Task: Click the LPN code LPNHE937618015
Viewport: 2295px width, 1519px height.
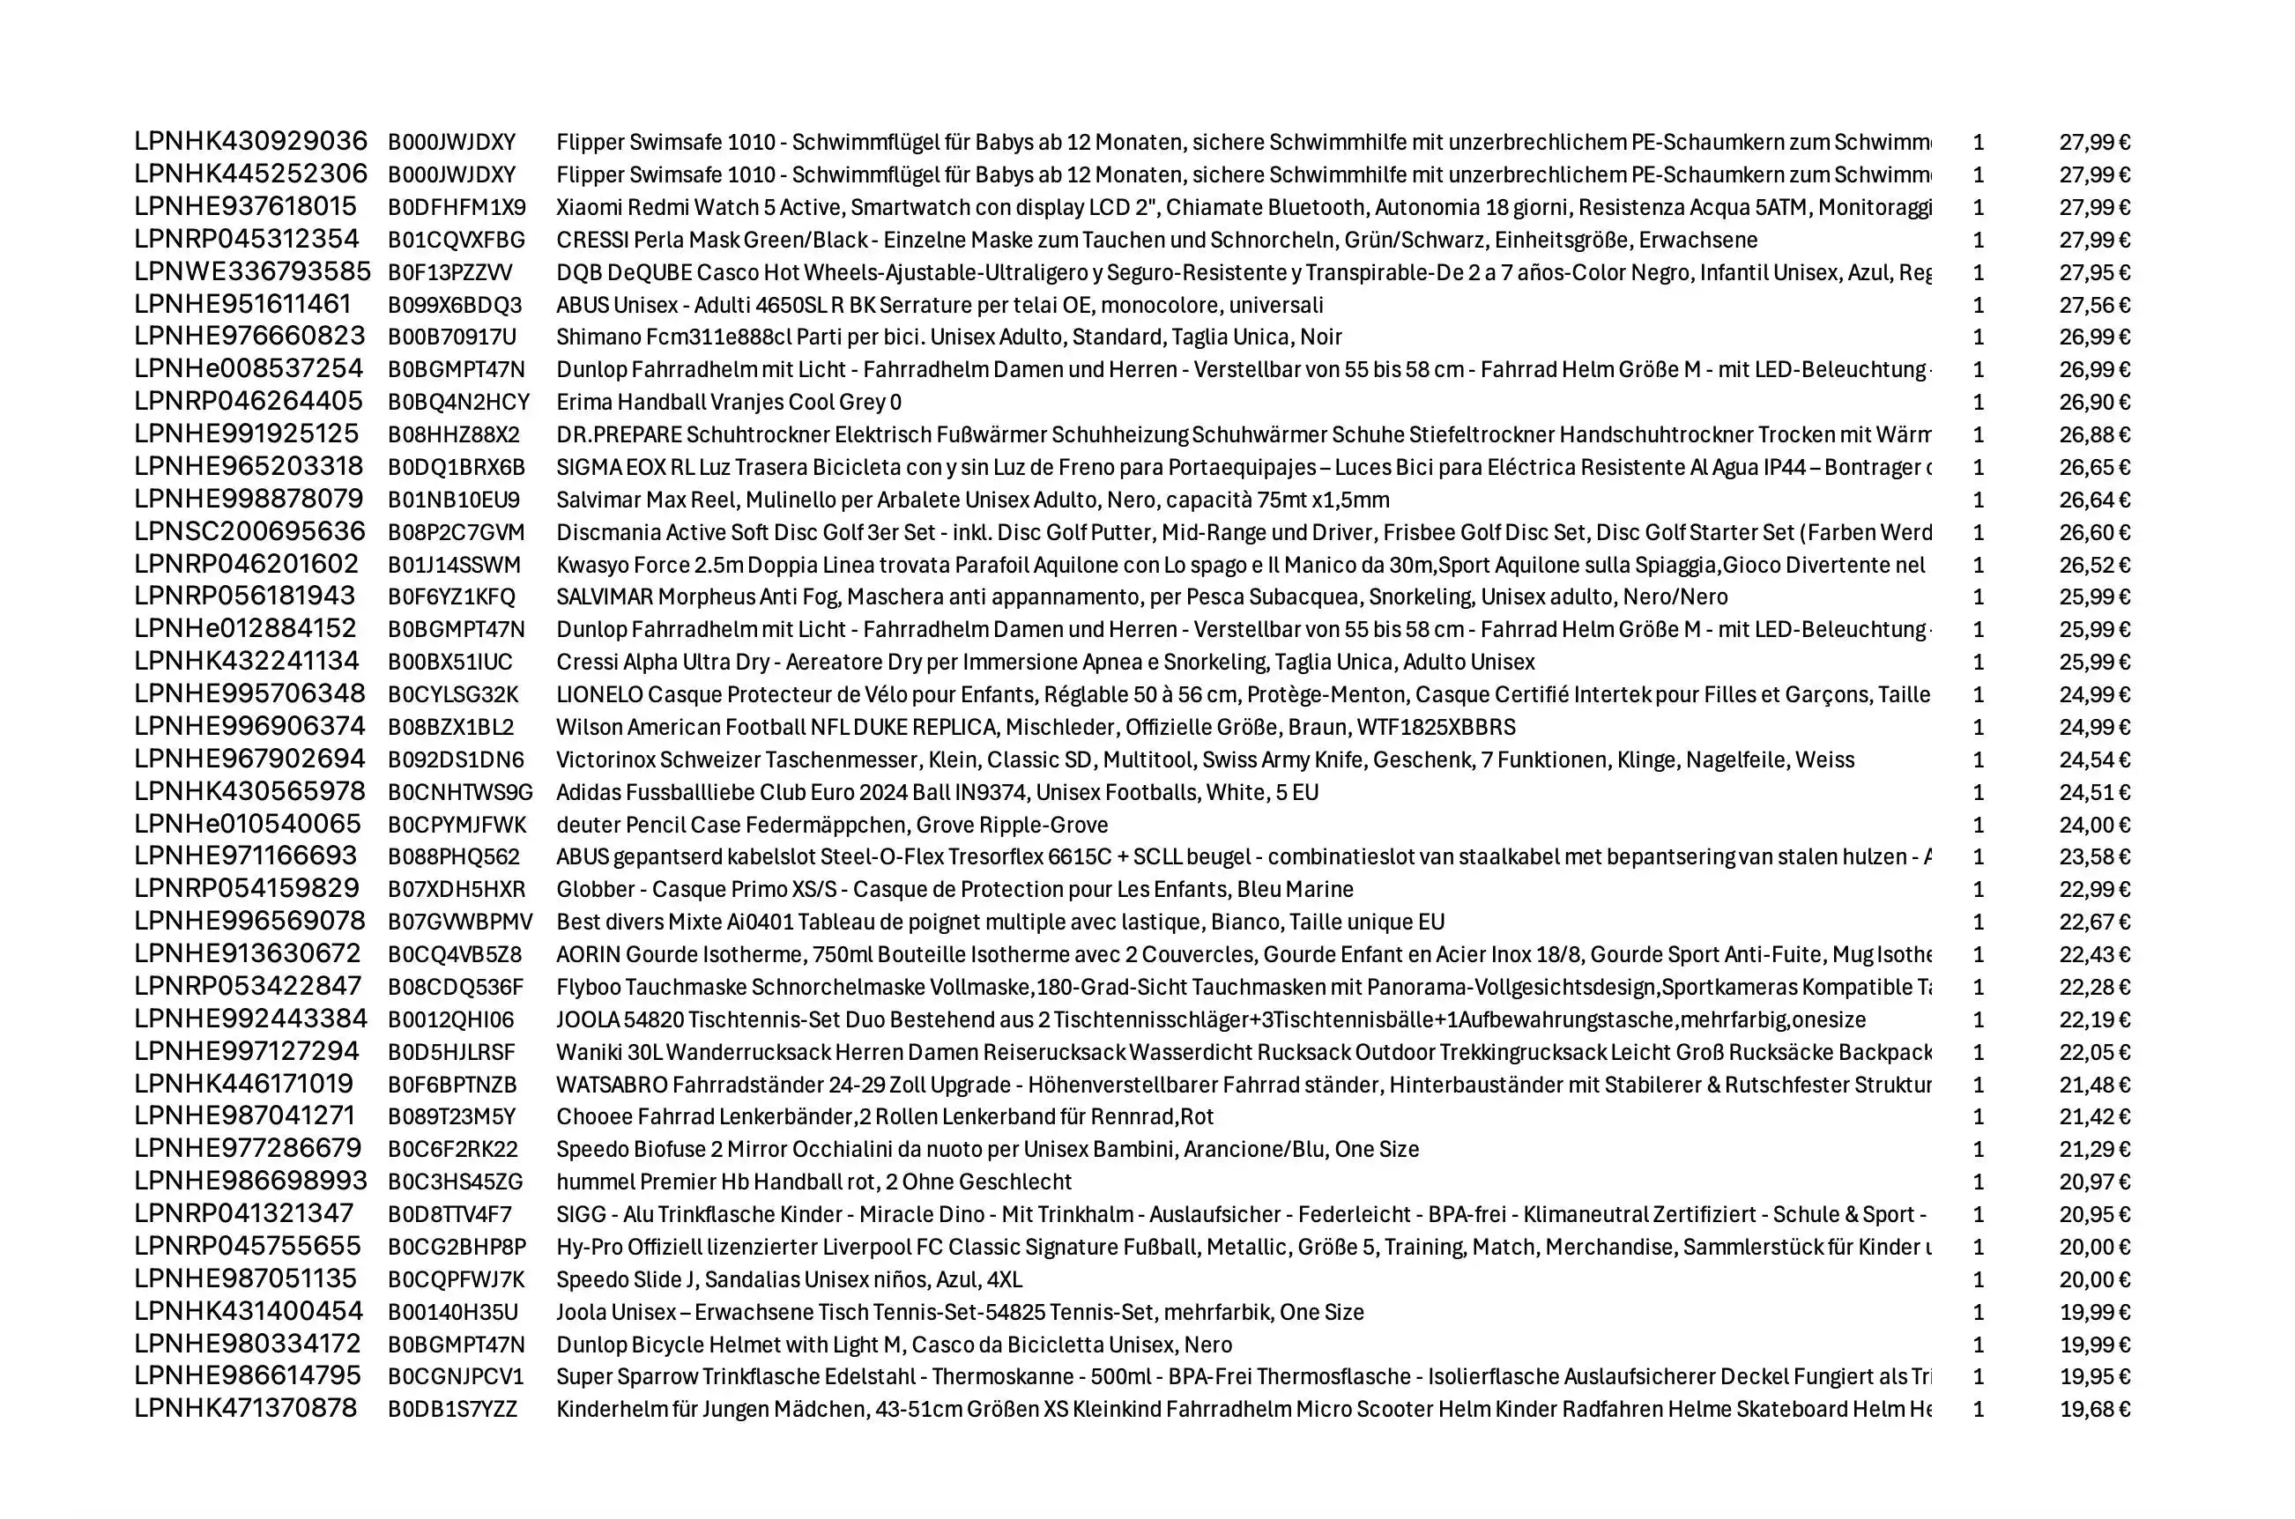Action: pos(245,207)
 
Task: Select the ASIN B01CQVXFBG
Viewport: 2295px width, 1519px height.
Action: pos(457,241)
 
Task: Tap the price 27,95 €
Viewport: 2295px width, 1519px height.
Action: pos(2093,273)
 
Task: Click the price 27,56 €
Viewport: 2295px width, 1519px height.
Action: pos(2093,305)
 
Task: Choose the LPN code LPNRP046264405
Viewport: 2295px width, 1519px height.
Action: pos(248,402)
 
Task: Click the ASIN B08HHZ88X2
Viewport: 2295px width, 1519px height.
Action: pos(453,435)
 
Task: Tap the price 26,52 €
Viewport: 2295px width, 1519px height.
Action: pos(2093,565)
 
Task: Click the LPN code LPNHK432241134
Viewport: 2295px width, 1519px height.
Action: pos(246,662)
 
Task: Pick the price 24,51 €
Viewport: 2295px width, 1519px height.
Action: pos(2093,792)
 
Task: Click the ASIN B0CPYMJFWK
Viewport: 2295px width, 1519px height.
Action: pos(457,826)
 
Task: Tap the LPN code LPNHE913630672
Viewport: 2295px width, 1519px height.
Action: pos(247,954)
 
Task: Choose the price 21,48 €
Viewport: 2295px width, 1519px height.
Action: pos(2093,1085)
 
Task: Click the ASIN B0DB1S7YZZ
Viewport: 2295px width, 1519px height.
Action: pos(452,1410)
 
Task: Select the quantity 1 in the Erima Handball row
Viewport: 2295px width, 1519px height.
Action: pos(1979,402)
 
